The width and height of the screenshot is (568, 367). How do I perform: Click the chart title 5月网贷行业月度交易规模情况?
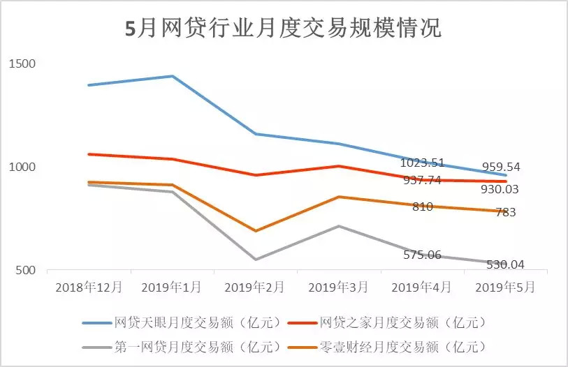click(x=283, y=29)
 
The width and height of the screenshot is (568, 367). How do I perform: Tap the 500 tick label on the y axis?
click(x=25, y=271)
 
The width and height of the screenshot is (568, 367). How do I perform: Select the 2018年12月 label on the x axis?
click(x=88, y=287)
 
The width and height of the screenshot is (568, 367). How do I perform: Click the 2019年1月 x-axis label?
click(x=172, y=287)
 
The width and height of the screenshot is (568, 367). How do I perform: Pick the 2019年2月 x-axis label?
click(x=256, y=287)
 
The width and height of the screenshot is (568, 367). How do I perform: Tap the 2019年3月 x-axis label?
click(x=339, y=287)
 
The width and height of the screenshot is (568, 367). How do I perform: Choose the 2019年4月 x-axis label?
click(x=423, y=287)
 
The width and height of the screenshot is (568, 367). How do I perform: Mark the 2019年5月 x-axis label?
click(x=506, y=287)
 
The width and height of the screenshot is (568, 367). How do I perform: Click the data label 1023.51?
click(x=422, y=163)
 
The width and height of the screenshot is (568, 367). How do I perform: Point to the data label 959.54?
click(x=501, y=167)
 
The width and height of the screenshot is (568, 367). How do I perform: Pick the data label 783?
click(x=505, y=213)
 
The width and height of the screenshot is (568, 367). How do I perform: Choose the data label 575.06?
click(x=422, y=255)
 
